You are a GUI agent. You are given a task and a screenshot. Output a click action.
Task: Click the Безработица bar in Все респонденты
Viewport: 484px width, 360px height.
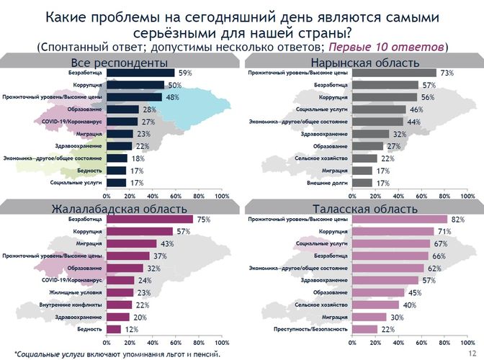point(140,73)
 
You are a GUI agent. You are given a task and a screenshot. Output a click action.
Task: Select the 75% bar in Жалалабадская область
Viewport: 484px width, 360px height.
point(150,220)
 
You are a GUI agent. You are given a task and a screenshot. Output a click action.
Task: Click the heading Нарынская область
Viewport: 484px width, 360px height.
point(362,62)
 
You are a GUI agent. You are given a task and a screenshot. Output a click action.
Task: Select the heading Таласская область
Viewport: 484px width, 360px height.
point(362,209)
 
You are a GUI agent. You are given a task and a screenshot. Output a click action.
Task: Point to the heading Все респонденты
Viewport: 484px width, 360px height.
point(120,62)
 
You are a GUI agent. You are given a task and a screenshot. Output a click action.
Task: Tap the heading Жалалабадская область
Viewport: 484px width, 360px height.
point(120,209)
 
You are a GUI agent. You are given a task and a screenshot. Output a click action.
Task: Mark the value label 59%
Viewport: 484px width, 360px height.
point(184,73)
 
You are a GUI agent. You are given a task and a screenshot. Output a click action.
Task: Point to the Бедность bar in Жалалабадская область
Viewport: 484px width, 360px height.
point(114,329)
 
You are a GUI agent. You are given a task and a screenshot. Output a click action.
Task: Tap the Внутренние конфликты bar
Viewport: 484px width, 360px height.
point(120,305)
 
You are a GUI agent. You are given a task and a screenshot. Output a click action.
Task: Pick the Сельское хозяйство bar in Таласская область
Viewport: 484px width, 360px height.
point(375,305)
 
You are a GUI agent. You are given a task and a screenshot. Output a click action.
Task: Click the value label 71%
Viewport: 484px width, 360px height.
point(444,232)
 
